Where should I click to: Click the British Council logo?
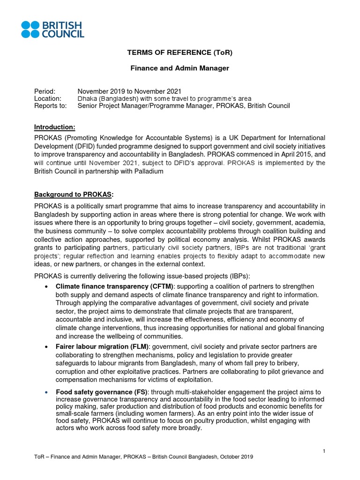point(53,29)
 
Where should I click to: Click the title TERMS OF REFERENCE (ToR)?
point(180,52)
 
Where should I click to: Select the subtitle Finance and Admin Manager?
point(180,68)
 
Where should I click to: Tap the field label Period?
point(45,91)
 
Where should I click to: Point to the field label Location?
point(48,98)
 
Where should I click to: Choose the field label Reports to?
point(51,106)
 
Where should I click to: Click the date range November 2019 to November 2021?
point(129,91)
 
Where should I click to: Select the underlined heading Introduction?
point(55,127)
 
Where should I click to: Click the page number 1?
point(324,451)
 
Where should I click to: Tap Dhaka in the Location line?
point(87,98)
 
